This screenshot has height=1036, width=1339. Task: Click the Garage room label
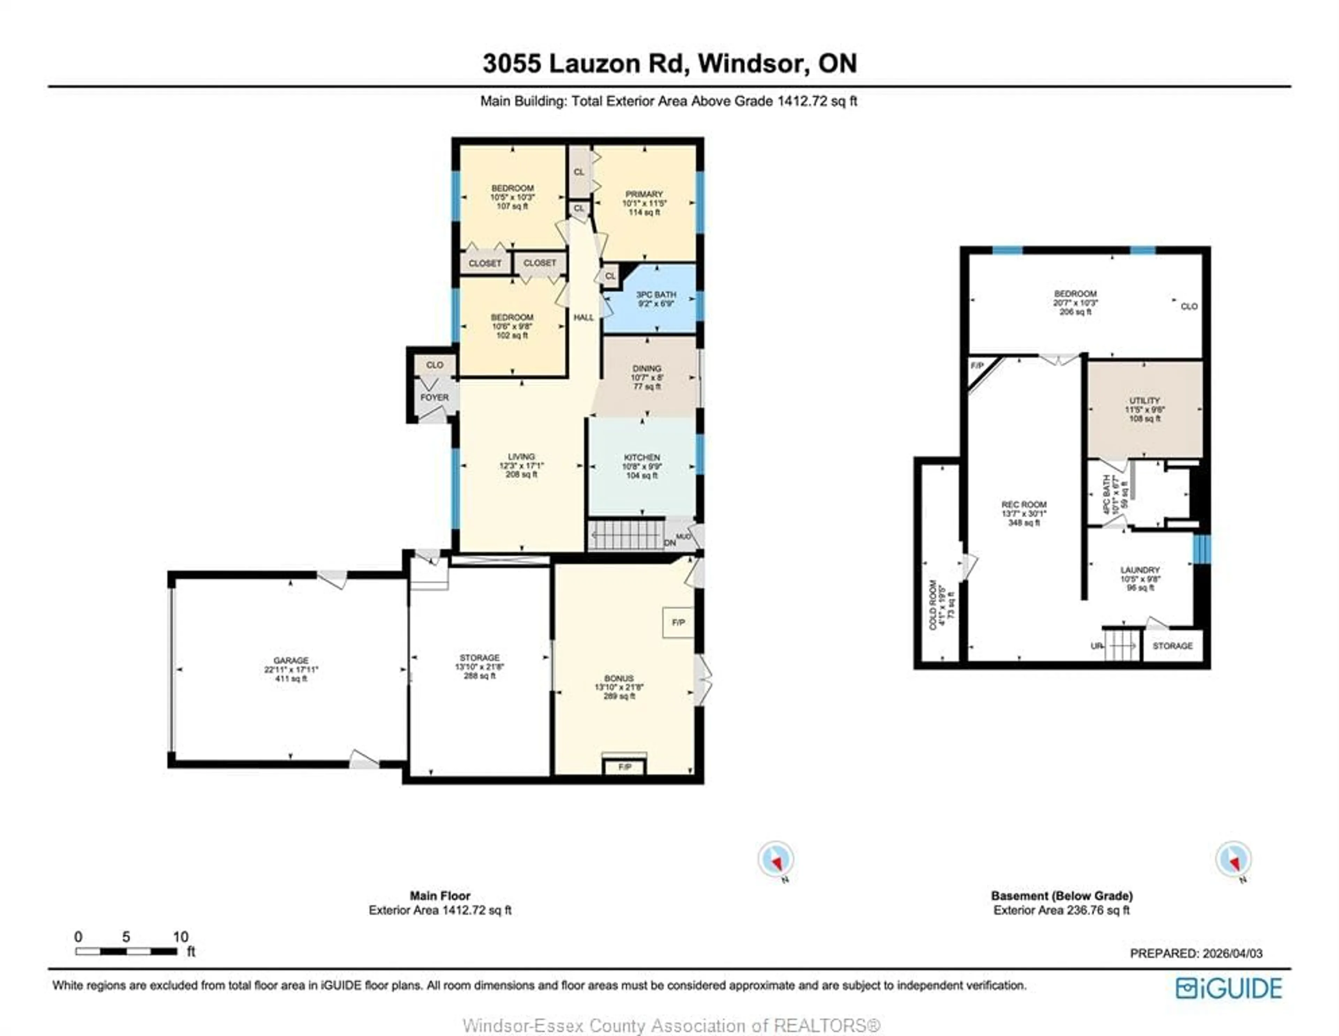290,661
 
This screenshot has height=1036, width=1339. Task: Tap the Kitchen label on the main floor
641,458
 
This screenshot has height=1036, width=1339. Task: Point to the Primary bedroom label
644,194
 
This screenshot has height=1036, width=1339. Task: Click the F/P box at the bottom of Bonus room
624,767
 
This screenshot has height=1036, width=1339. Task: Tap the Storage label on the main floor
479,658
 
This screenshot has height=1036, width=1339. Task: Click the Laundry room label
1140,570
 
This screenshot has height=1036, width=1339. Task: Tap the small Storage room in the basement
1172,646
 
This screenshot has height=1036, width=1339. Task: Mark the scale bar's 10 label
180,937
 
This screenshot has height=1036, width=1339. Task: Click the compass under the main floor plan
776,859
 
